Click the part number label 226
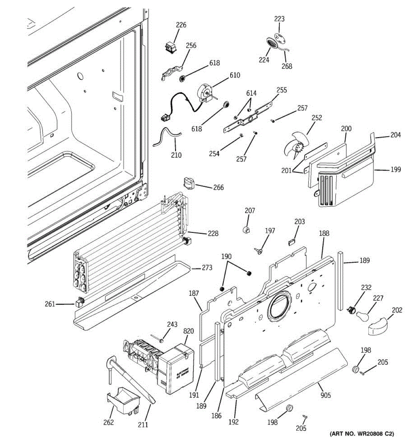click(181, 25)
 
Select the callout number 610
click(235, 75)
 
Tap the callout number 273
click(207, 267)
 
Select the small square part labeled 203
click(292, 242)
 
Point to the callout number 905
click(326, 395)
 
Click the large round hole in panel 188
click(278, 305)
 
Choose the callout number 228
click(213, 234)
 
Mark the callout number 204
click(396, 135)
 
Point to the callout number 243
click(172, 324)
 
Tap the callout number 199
click(396, 169)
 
